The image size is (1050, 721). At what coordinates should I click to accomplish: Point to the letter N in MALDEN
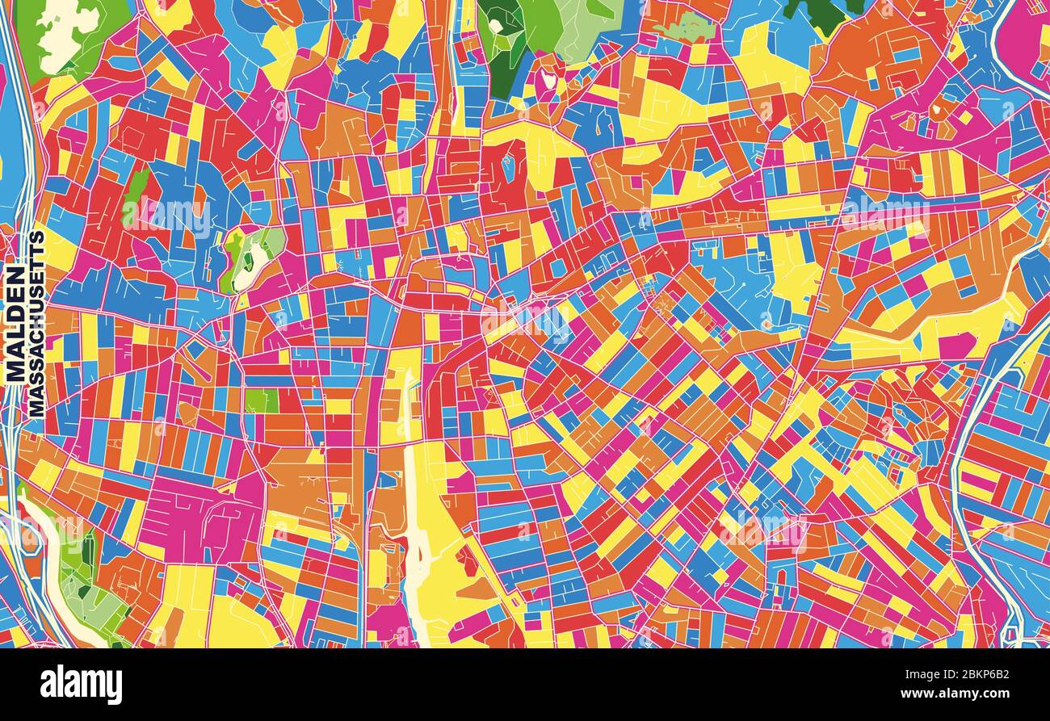point(15,277)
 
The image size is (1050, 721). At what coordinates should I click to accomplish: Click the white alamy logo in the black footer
point(82,685)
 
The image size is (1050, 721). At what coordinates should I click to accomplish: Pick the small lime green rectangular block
point(262,400)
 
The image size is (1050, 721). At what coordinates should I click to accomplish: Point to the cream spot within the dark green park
point(494,27)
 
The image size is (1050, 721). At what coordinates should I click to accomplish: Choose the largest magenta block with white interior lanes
point(194,517)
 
